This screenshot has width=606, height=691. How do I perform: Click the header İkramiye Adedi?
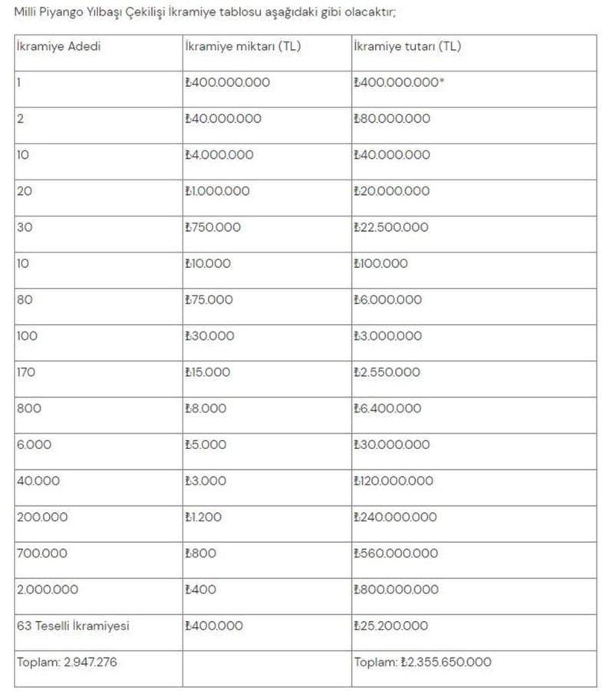click(58, 46)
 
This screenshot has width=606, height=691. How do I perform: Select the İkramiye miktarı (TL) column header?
click(243, 46)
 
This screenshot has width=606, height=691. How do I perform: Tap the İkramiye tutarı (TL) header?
click(407, 46)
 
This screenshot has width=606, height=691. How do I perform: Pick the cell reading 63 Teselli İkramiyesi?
click(73, 626)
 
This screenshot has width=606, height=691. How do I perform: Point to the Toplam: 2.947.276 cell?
click(67, 662)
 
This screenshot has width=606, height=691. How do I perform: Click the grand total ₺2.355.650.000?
click(423, 662)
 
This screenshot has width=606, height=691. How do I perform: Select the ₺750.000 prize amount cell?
click(212, 227)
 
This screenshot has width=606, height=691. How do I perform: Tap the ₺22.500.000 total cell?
click(391, 227)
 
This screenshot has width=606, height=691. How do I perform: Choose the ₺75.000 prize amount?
click(209, 299)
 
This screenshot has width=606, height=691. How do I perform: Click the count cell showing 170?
click(26, 372)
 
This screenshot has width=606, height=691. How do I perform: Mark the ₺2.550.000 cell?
click(387, 372)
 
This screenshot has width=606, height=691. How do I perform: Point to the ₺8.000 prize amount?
click(206, 408)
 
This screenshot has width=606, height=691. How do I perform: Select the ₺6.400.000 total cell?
click(387, 408)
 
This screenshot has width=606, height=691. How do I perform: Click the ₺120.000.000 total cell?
click(393, 481)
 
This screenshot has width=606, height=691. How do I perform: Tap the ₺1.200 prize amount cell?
click(203, 517)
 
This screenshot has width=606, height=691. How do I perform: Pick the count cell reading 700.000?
click(41, 553)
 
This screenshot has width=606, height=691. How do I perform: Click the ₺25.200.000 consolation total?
click(390, 626)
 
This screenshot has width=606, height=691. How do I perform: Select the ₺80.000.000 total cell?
click(391, 118)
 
